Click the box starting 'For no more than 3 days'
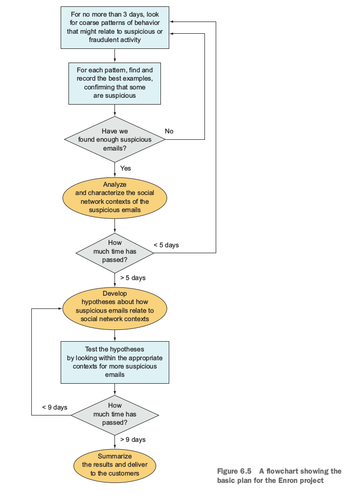point(114,27)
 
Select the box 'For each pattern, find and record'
point(114,84)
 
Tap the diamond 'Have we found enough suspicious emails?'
point(114,139)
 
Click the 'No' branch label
point(169,131)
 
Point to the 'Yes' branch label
point(126,168)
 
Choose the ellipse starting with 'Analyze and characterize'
point(114,197)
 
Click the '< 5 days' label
point(166,245)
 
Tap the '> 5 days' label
point(133,278)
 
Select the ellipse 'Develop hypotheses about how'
point(114,308)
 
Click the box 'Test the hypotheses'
point(114,362)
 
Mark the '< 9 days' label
point(55,407)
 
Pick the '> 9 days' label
point(133,439)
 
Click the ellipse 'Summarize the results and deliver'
point(114,465)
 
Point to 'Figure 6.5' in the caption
point(234,471)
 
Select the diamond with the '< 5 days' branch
point(114,253)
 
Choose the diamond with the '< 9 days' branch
point(114,415)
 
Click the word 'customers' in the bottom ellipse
point(124,473)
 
